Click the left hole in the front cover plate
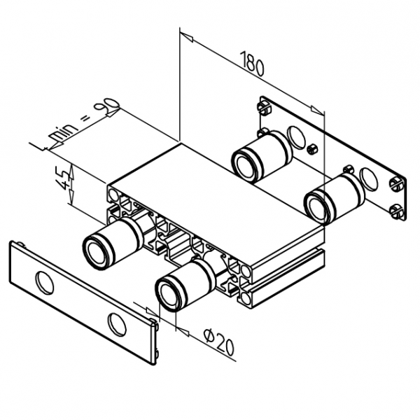[44, 282]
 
